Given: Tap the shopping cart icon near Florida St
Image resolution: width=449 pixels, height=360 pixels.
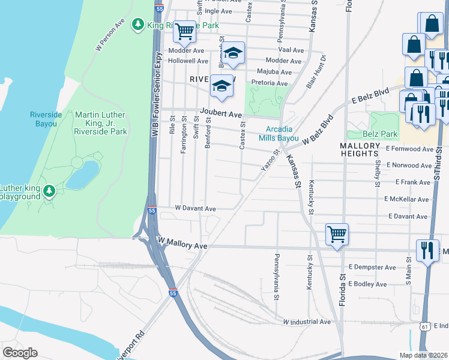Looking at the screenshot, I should (x=337, y=234).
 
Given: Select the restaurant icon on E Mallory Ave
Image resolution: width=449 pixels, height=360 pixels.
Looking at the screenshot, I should (x=427, y=250).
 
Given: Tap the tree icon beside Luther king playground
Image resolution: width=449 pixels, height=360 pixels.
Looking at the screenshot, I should (x=50, y=191).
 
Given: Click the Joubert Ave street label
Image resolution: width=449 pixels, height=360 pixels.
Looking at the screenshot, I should (x=220, y=114).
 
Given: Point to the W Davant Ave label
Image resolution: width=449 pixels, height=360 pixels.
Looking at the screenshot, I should (x=195, y=209).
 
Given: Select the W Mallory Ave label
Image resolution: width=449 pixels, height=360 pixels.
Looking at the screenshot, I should (x=182, y=246).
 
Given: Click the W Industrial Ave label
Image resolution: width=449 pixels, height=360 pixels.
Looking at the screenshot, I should (x=307, y=322).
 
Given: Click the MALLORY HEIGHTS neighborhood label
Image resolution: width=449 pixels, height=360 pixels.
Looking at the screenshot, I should (x=360, y=150).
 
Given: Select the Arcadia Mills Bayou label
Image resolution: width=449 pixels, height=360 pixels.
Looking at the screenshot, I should (x=279, y=134).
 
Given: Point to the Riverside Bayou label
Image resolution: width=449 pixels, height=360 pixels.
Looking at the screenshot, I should (x=43, y=119).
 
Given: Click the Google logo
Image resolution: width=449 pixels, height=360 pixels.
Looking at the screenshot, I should (x=20, y=353).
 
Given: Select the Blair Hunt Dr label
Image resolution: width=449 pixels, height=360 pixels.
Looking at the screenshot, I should (x=316, y=72).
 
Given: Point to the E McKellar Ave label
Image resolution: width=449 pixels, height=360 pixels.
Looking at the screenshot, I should (x=406, y=199).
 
